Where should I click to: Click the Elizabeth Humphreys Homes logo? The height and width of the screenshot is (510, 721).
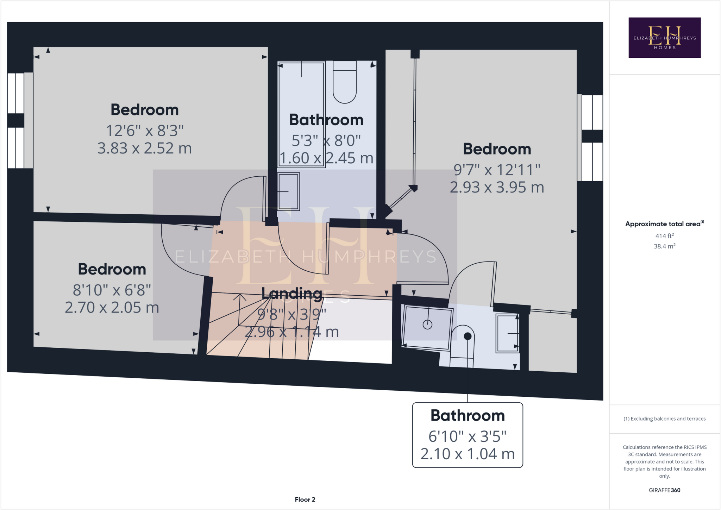664,38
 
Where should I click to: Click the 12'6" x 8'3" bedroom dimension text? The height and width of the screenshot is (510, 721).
145,131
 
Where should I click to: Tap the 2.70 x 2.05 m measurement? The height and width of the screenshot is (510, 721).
112,308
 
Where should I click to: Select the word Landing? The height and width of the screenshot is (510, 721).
291,293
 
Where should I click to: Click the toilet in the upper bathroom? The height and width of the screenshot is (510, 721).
345,82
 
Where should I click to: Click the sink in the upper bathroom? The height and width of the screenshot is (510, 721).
288,191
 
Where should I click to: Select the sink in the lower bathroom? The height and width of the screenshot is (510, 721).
507,333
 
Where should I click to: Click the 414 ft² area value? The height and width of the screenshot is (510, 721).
664,236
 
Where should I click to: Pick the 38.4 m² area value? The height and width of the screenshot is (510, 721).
664,246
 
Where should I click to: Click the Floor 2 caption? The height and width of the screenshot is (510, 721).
305,499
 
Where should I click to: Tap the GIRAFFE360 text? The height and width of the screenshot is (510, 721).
664,490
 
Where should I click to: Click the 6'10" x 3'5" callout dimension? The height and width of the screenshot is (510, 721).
467,436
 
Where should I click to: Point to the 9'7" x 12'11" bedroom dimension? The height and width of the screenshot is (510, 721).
496,170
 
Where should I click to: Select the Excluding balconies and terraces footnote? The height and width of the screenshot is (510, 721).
664,418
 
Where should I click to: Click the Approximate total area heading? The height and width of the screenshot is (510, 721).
664,224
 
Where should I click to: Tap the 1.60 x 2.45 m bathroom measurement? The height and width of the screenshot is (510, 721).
326,158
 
